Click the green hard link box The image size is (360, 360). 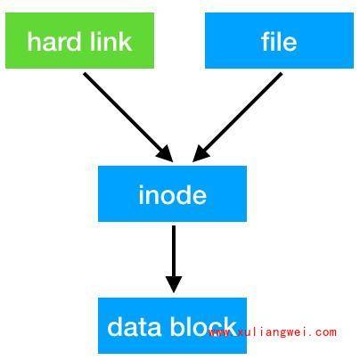79,41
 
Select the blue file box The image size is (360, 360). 279,41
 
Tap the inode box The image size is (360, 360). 172,193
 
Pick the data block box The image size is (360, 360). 172,325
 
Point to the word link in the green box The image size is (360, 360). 111,42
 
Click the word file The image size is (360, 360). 279,41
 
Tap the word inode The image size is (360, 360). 173,194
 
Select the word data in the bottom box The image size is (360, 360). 134,327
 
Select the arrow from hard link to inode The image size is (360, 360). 128,117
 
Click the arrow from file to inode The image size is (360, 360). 237,117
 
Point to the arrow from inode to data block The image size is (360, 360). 174,259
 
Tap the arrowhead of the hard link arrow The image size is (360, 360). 166,155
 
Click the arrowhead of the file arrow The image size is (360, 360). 200,155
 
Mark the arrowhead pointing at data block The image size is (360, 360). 174,284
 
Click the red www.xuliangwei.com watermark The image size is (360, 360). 273,332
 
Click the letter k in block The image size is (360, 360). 230,326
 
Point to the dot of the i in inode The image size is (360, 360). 141,187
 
